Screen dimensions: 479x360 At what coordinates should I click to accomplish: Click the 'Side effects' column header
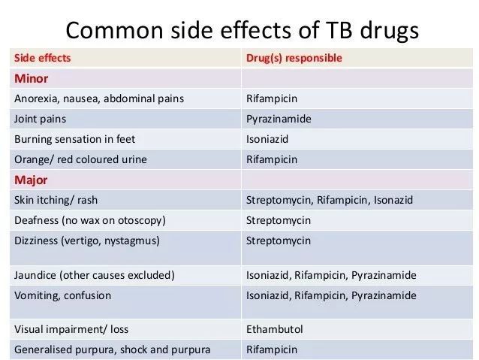(43, 58)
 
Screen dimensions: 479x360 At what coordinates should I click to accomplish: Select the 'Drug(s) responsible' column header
(294, 58)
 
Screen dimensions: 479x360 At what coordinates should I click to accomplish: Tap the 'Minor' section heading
(32, 79)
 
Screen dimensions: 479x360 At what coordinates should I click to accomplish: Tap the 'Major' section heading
(31, 180)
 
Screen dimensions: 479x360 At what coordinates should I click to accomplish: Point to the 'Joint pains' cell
(40, 119)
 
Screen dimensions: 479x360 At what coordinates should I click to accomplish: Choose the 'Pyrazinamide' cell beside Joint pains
(279, 119)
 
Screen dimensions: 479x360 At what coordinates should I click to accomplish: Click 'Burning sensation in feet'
(74, 139)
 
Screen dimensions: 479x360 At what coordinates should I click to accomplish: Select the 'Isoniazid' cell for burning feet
(267, 139)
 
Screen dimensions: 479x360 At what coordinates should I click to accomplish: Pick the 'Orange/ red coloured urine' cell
(80, 159)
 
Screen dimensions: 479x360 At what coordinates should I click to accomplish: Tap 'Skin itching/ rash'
(56, 200)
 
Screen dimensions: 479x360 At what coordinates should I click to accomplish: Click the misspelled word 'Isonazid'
(393, 200)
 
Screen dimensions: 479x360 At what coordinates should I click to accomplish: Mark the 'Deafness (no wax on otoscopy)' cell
(90, 220)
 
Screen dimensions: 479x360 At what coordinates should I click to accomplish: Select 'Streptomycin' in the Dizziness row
(279, 241)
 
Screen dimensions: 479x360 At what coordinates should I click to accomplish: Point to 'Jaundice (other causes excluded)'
(95, 275)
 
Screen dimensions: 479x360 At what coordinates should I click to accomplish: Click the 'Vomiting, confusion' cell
(62, 295)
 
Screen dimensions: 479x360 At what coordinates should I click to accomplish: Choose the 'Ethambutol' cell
(274, 329)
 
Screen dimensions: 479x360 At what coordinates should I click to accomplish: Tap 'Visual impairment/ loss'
(71, 329)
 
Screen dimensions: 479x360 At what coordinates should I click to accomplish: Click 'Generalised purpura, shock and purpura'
(112, 349)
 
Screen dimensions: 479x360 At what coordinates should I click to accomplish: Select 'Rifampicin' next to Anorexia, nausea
(272, 98)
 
